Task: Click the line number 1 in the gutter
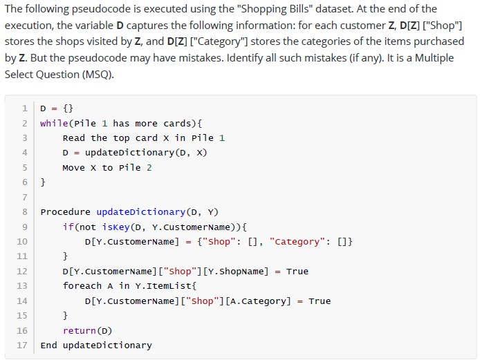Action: [25, 108]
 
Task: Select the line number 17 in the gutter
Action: [22, 345]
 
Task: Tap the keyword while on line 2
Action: [54, 123]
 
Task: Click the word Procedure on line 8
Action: [65, 212]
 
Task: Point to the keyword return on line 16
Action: [80, 331]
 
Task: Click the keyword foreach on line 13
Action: [82, 286]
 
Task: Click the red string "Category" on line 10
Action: [297, 242]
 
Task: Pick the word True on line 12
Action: [297, 272]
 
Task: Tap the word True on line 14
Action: [320, 301]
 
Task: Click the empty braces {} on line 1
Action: [68, 108]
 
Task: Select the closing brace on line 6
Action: [43, 182]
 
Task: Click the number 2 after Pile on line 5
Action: [149, 168]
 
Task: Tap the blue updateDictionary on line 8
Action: [141, 212]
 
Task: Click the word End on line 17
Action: [48, 345]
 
